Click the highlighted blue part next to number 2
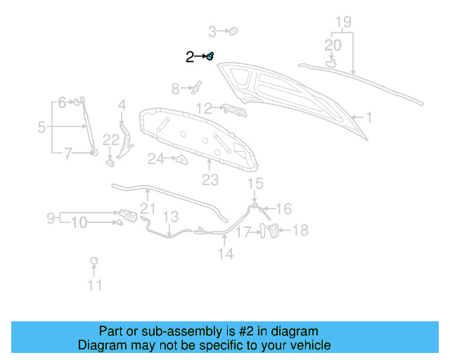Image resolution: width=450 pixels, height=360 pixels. (210, 56)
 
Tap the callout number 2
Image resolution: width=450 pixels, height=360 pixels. (189, 57)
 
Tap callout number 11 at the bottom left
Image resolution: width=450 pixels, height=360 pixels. (94, 285)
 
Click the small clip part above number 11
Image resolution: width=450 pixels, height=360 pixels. (93, 262)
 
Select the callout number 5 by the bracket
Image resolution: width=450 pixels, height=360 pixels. (41, 127)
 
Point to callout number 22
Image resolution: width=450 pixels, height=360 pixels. (111, 140)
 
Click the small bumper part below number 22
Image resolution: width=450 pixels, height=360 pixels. (110, 163)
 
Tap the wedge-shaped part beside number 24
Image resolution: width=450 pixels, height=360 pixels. (181, 160)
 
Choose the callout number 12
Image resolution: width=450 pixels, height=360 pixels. (203, 108)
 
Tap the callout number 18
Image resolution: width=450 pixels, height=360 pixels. (300, 230)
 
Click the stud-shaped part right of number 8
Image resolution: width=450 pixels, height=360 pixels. (197, 87)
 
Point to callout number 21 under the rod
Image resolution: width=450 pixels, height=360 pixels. (147, 208)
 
